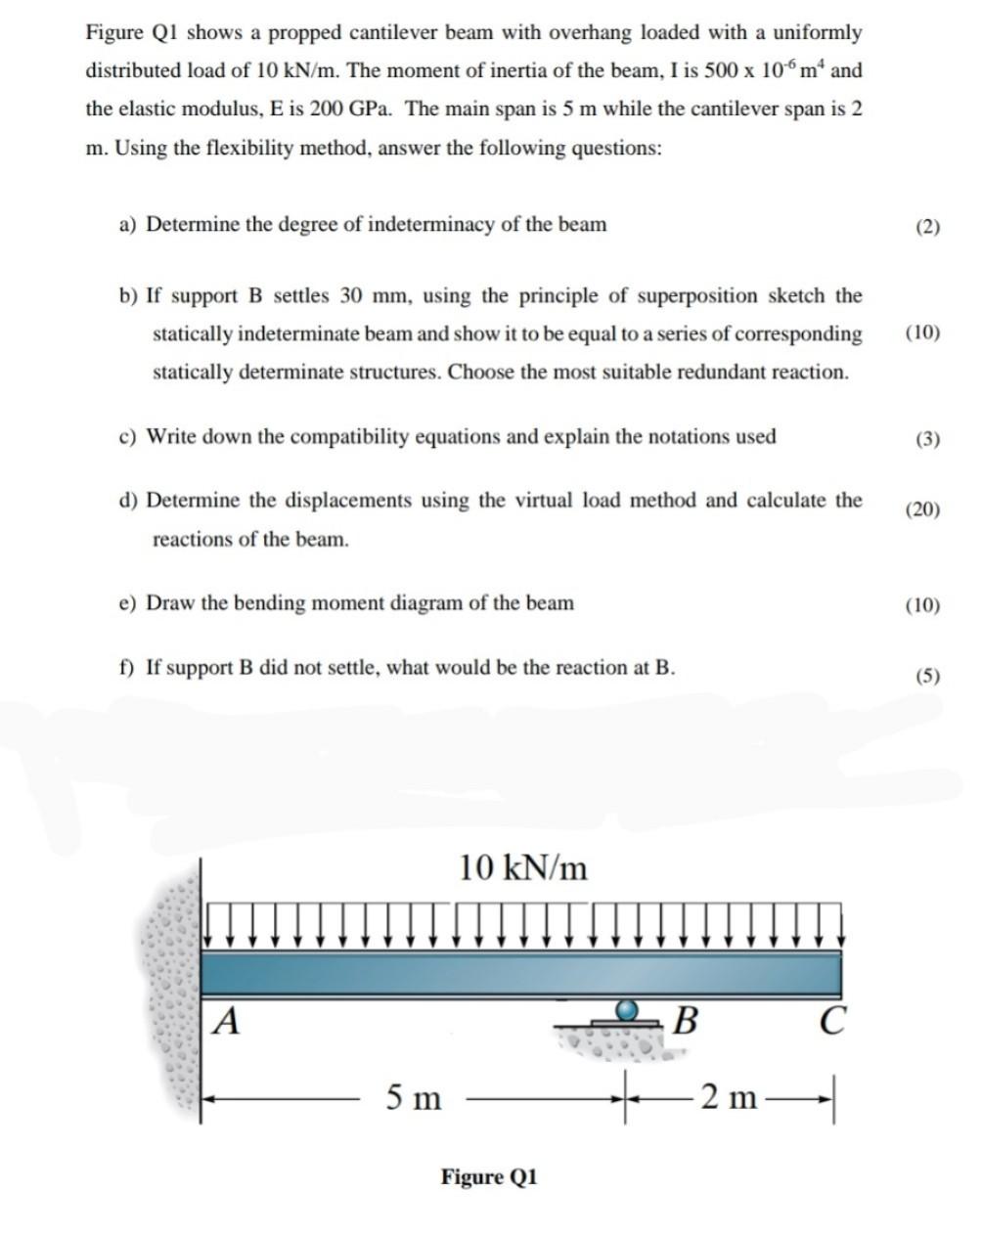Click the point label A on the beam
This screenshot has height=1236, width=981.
[x=227, y=1021]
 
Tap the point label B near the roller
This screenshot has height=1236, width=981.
[x=687, y=1021]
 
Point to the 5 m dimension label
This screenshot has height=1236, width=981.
[x=413, y=1098]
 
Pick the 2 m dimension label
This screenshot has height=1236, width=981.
[x=729, y=1098]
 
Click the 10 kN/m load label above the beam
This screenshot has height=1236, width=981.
[x=523, y=867]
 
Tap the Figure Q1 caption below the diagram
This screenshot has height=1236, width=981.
[x=489, y=1176]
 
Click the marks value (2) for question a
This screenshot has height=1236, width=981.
[x=927, y=227]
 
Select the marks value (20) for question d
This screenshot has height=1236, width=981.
[x=922, y=508]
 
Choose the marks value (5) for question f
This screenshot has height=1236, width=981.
[x=927, y=675]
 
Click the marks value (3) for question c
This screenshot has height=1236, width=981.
[x=927, y=438]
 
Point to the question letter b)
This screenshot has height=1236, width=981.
[x=128, y=296]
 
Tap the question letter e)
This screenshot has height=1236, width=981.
[x=128, y=603]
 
